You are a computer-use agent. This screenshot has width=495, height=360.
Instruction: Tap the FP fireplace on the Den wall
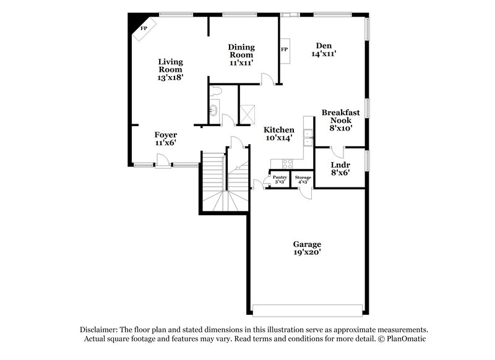[285, 50]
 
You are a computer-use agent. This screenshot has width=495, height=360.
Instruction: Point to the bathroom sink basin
[213, 111]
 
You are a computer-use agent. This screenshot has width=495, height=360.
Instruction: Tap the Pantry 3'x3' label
[280, 179]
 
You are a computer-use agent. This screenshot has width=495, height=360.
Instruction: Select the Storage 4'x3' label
[303, 179]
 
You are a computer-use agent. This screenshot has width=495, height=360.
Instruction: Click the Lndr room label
[340, 165]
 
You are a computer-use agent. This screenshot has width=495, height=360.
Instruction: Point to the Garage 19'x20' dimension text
[308, 252]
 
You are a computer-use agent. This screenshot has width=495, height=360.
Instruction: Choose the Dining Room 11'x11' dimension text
[241, 62]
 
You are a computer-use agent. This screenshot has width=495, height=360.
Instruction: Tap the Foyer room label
[165, 135]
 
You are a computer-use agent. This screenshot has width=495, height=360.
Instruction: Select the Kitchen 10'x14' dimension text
[278, 138]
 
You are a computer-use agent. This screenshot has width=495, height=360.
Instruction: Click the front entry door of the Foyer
[162, 162]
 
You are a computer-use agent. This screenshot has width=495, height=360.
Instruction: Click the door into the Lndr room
[336, 151]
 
